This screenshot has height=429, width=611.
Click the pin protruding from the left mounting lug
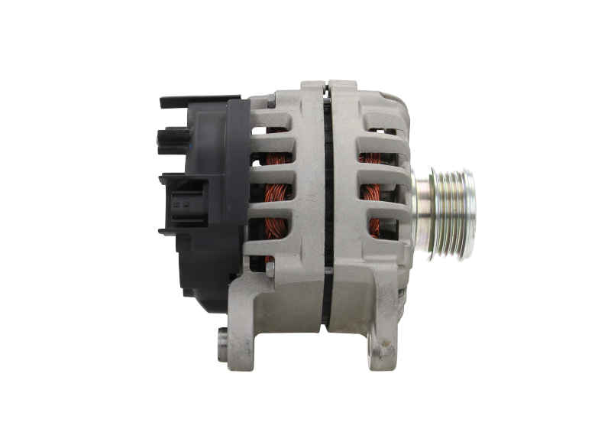tap(221, 334)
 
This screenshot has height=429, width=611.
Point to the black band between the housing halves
tap(325, 206)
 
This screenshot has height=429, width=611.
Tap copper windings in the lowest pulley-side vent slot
tap(375, 226)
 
